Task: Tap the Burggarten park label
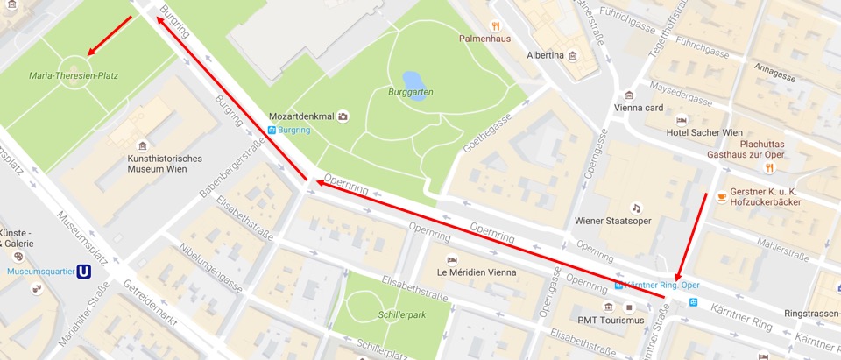tap(411, 92)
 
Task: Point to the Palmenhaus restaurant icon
tap(495, 26)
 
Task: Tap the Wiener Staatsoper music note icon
tap(636, 208)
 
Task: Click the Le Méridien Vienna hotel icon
tap(452, 259)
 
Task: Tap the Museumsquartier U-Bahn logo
tap(85, 272)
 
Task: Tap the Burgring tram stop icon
tap(272, 131)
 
